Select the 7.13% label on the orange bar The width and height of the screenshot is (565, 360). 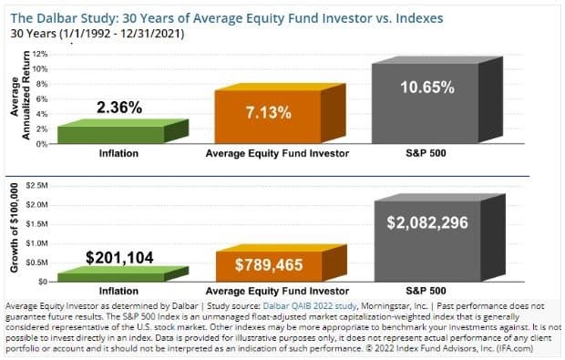pyautogui.click(x=268, y=113)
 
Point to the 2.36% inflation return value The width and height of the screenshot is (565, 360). pyautogui.click(x=118, y=108)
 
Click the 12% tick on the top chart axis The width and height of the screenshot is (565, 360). pyautogui.click(x=39, y=55)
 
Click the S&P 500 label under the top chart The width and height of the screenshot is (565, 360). pyautogui.click(x=426, y=154)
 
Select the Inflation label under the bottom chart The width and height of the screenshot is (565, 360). pyautogui.click(x=118, y=290)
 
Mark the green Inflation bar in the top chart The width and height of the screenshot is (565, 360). pyautogui.click(x=118, y=133)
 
